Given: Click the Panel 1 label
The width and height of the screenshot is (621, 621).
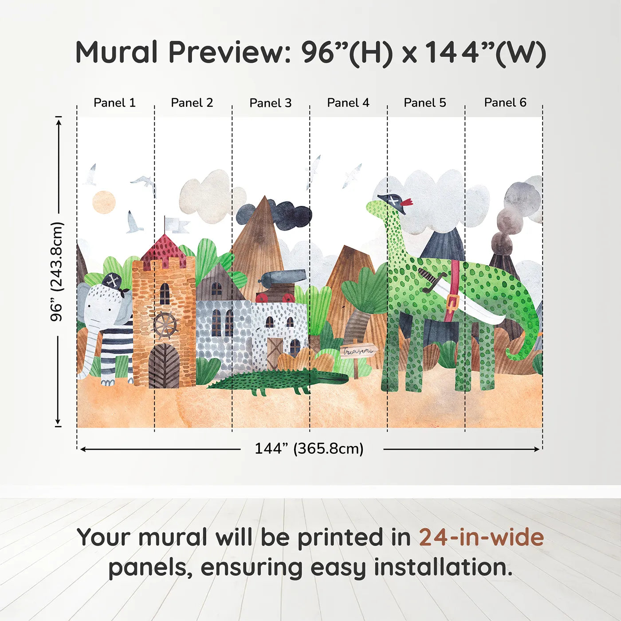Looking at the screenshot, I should click(x=114, y=103).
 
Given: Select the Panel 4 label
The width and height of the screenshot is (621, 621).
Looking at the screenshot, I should click(x=348, y=103).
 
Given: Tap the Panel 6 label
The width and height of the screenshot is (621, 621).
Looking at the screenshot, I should click(x=505, y=103).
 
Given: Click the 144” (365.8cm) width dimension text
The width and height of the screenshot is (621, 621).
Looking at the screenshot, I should click(x=309, y=448).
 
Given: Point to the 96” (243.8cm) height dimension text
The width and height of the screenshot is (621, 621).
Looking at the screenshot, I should click(x=57, y=271).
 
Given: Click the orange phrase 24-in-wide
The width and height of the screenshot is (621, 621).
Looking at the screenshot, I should click(x=481, y=537).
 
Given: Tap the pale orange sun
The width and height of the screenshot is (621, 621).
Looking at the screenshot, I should click(x=104, y=202).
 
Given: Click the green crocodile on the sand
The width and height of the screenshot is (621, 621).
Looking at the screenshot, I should click(x=279, y=381).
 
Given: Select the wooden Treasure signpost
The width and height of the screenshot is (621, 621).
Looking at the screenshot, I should click(x=358, y=352).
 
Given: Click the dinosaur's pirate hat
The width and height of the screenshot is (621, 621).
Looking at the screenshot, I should click(x=394, y=202).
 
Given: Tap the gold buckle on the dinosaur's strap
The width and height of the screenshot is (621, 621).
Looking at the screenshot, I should click(x=452, y=304).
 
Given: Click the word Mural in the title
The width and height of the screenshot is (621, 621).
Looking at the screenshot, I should click(x=116, y=52).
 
